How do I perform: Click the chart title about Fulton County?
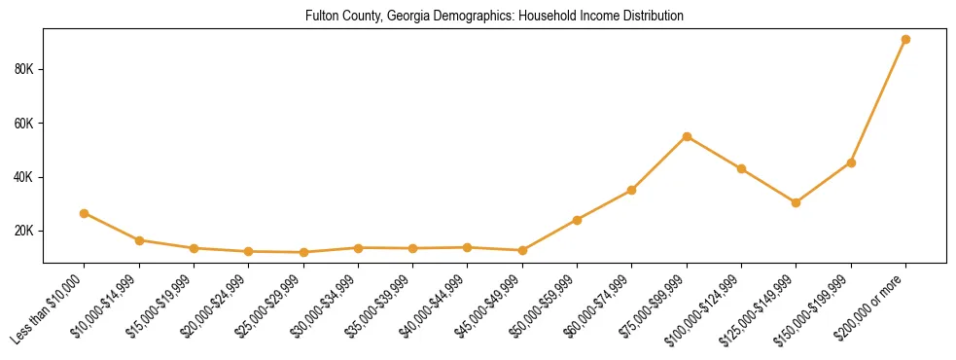(x=494, y=17)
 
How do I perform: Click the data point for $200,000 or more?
(x=905, y=40)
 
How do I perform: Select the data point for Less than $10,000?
(x=85, y=213)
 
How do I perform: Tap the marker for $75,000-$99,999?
(x=687, y=136)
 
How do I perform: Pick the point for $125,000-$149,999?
(x=796, y=202)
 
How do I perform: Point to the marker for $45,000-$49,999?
(x=522, y=250)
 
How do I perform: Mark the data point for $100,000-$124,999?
(x=741, y=168)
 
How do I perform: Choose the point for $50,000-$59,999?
(x=577, y=220)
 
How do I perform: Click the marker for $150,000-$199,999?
(x=851, y=162)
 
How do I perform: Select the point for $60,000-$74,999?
(x=632, y=190)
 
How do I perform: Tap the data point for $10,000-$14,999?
(x=139, y=240)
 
